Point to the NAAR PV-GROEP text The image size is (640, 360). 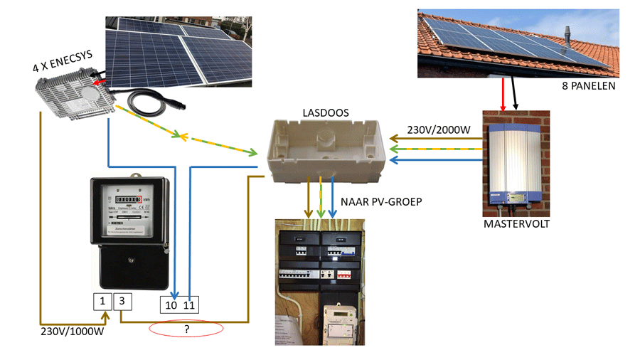[382, 202]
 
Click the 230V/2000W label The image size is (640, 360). [438, 130]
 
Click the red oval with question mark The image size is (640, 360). [186, 329]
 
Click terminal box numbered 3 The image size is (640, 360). [122, 301]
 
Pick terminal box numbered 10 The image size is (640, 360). [171, 305]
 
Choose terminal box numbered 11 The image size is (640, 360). [189, 305]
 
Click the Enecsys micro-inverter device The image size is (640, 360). [75, 93]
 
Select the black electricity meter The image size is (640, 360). [129, 231]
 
